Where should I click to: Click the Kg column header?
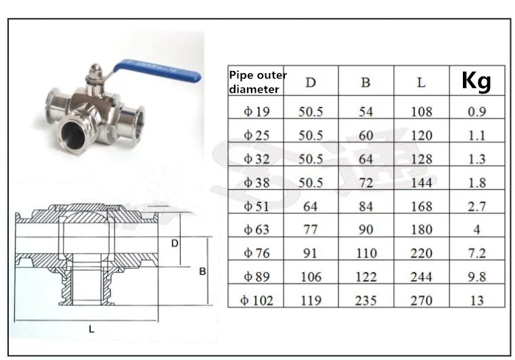coord(476,81)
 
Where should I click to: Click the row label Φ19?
coord(256,112)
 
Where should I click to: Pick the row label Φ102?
coord(256,300)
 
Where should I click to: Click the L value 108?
coord(422,112)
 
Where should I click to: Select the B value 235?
coord(366,300)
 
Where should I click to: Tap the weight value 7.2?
coord(476,253)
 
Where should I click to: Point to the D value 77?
coord(311,229)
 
